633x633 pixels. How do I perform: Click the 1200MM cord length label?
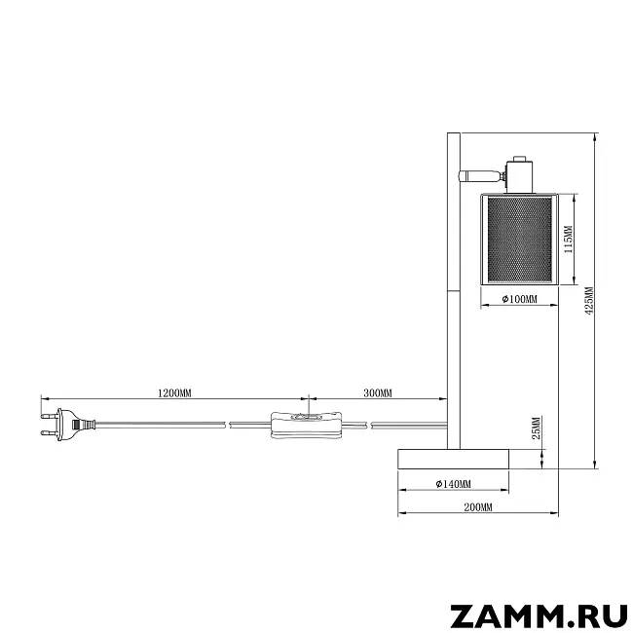click(174, 392)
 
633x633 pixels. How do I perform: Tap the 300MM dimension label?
click(378, 392)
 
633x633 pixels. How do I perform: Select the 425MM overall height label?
click(589, 301)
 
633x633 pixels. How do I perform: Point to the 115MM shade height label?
click(569, 240)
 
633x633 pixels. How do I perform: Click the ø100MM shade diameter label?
click(520, 299)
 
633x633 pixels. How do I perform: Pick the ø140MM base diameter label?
click(453, 484)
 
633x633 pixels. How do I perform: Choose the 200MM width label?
click(478, 507)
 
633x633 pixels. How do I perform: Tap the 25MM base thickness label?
click(537, 428)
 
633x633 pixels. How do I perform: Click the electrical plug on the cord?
click(67, 425)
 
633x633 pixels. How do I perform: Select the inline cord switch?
click(306, 424)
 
